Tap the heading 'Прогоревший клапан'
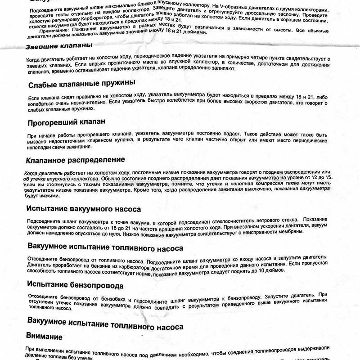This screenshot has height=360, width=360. pyautogui.click(x=67, y=122)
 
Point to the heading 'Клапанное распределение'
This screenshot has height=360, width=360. pyautogui.click(x=76, y=160)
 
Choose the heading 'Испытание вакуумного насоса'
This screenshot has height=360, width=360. pyautogui.click(x=84, y=209)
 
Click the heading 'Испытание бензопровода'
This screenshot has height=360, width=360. pyautogui.click(x=75, y=285)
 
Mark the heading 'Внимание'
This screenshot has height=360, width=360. pyautogui.click(x=45, y=337)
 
